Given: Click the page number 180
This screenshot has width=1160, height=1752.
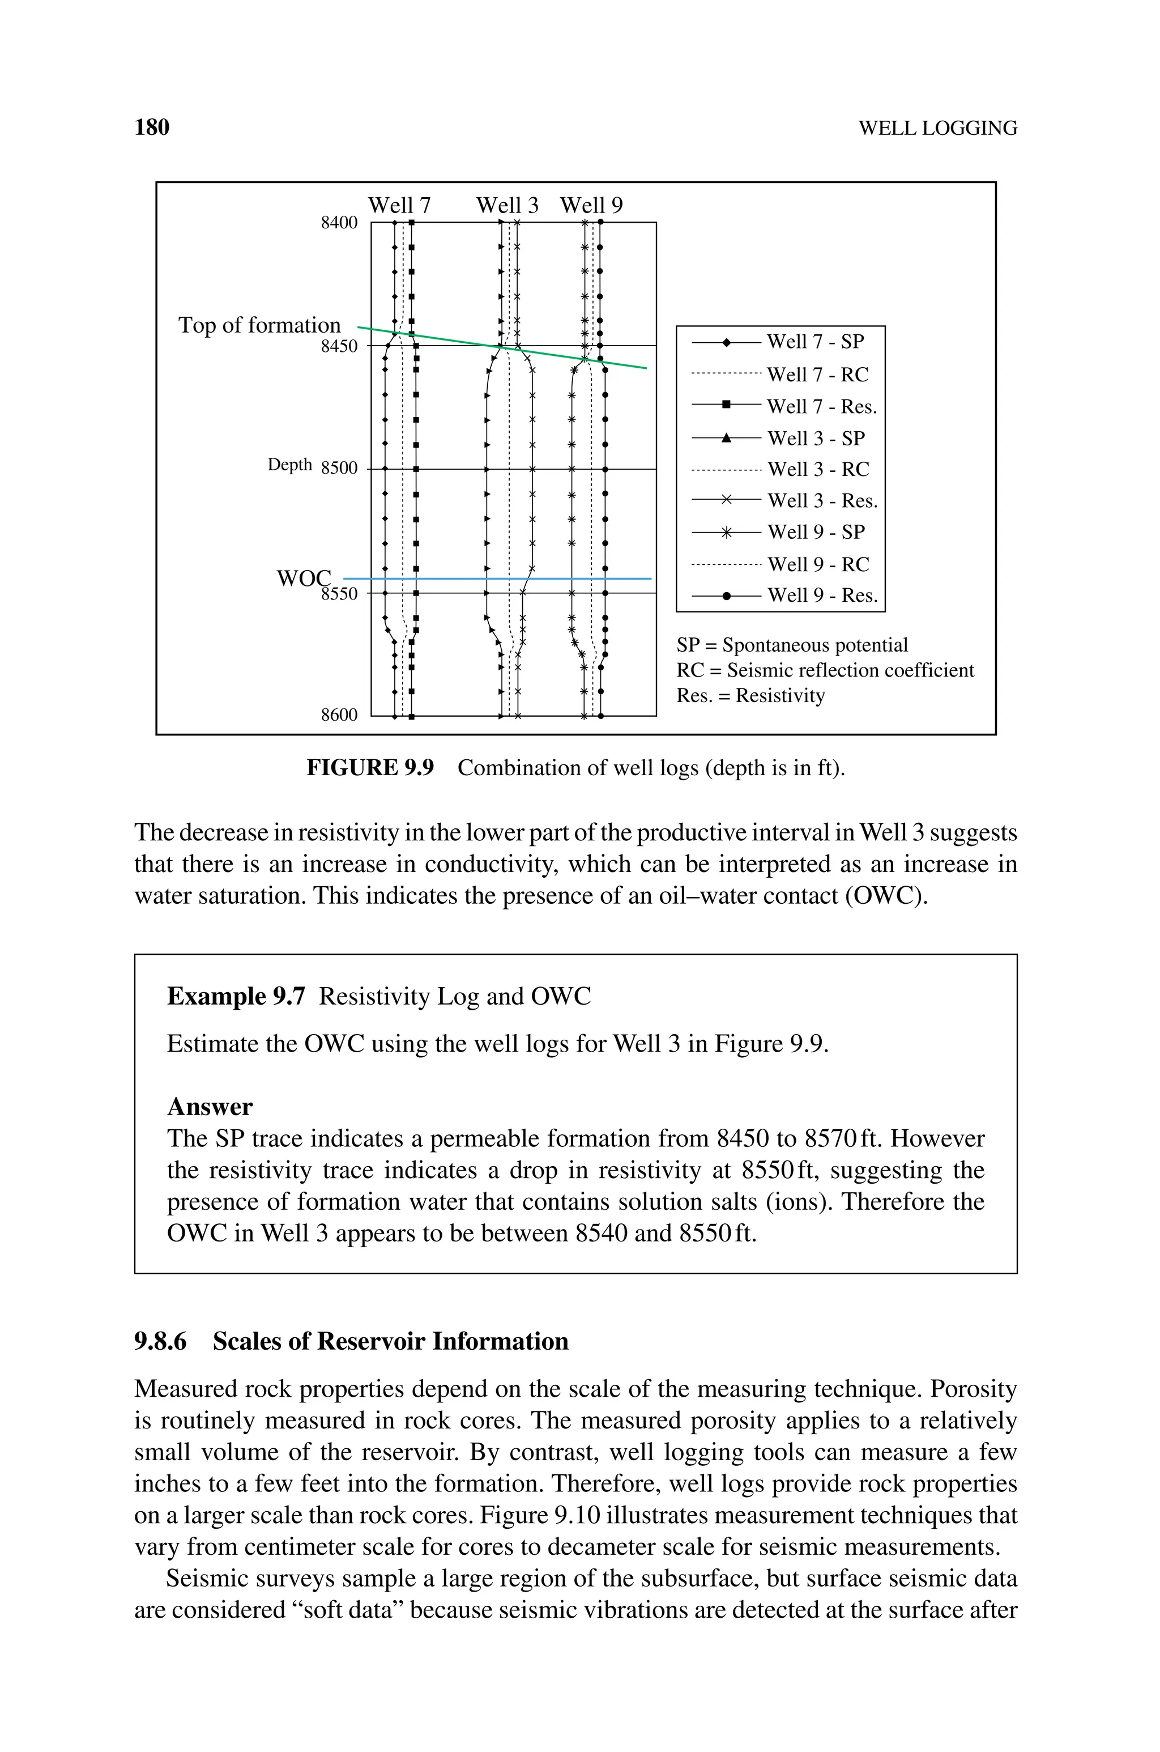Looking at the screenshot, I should (152, 127).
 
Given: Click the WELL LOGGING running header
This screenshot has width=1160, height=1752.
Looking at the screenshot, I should (937, 128).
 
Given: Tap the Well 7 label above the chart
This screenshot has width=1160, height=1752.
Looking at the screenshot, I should (399, 205).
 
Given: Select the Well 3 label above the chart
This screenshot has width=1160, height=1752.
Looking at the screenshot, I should (507, 205).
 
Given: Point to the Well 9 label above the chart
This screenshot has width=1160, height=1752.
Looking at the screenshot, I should (591, 205).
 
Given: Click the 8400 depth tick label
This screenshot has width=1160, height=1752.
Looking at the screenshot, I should (339, 223).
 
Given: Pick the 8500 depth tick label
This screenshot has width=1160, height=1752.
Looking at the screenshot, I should (339, 469).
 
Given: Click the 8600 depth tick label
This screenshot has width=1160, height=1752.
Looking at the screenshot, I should (339, 715).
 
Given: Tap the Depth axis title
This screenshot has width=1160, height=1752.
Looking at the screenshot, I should (289, 465).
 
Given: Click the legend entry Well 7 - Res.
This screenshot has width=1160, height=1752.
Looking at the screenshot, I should (821, 406).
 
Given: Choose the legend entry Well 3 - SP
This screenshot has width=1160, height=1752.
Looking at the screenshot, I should (816, 438).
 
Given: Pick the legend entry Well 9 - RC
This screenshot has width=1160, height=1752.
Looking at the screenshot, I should (817, 564).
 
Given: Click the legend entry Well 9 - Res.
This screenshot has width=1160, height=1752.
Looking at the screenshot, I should (822, 595).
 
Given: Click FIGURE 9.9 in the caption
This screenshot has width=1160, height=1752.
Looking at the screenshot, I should (370, 767).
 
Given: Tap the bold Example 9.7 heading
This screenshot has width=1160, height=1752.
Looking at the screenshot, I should (235, 996).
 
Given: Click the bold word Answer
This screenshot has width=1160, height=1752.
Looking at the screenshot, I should (210, 1106).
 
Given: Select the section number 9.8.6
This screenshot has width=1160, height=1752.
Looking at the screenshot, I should (160, 1341).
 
